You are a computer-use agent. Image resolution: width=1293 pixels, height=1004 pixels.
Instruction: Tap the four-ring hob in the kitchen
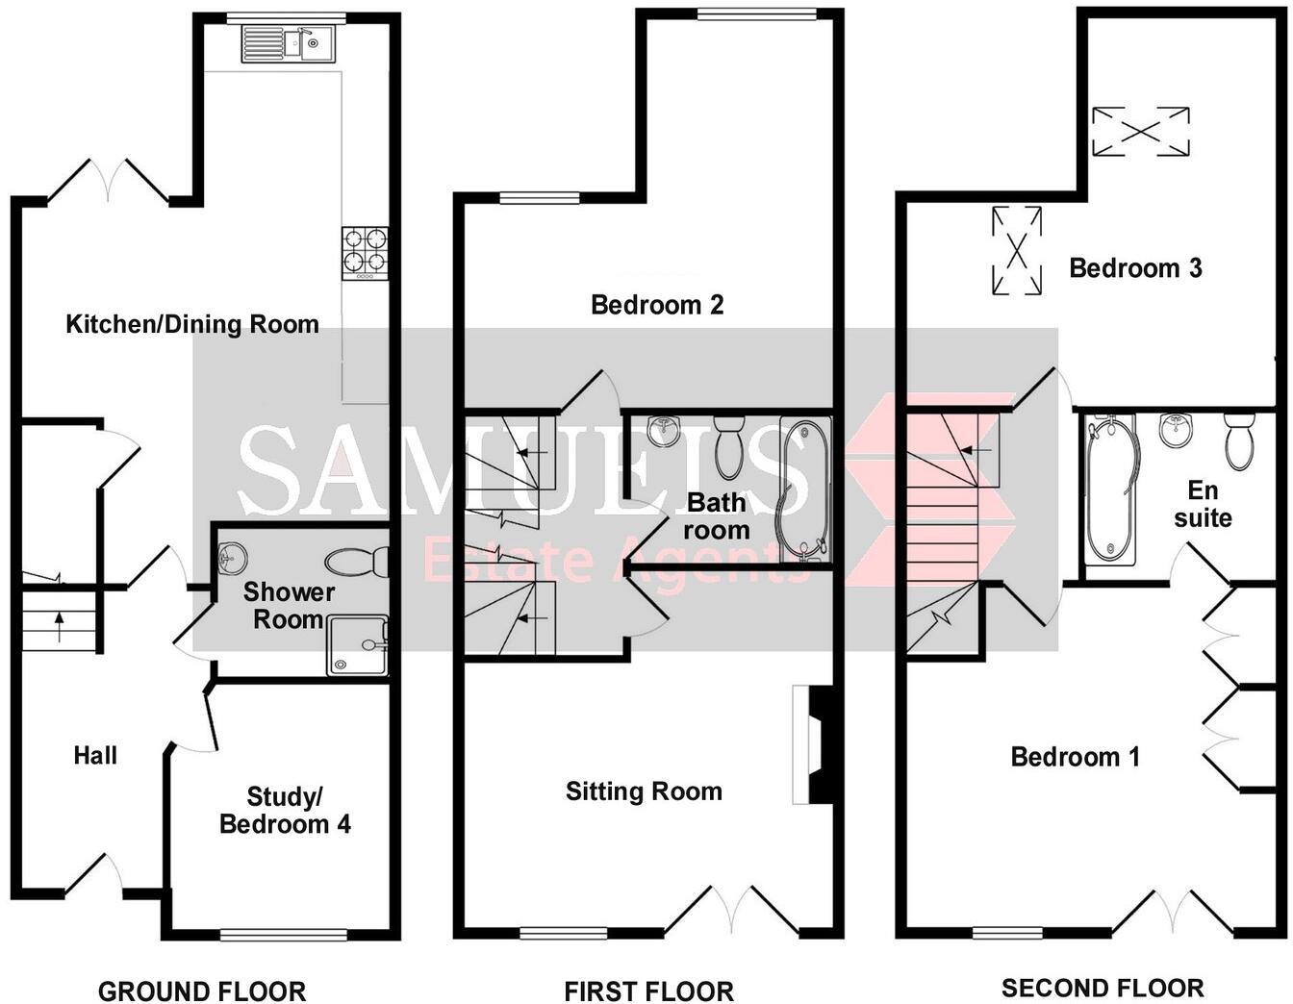coord(365,252)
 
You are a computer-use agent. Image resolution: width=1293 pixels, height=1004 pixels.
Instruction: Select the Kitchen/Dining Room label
coord(192,324)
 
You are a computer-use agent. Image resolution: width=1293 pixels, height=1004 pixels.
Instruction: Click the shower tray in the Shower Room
coord(357,644)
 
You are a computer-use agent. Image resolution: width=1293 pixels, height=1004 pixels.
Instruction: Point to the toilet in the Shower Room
coord(357,560)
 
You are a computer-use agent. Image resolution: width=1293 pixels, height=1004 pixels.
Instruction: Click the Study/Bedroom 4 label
coord(285,810)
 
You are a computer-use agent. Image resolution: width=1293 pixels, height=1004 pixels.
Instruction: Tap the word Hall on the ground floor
coord(95,756)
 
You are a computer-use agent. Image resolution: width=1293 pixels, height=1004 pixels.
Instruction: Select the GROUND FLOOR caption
coord(202,991)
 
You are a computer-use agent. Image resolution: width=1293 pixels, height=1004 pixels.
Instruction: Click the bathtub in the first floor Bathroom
coord(804,489)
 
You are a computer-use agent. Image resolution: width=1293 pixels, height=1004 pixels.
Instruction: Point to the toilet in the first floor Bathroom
coord(729,445)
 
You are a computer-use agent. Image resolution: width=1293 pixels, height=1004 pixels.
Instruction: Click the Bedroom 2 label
coord(657,305)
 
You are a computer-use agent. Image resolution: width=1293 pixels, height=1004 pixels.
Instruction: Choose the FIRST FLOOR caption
coord(648,991)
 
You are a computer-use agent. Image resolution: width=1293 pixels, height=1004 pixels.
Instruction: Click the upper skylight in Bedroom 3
coord(1140,131)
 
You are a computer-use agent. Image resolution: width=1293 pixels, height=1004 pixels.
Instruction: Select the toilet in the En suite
coord(1238,439)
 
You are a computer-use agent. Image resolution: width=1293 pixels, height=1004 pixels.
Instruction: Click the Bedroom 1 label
coord(1075,757)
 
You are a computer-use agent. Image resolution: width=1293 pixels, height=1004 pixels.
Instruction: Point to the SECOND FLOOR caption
coord(1103,988)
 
